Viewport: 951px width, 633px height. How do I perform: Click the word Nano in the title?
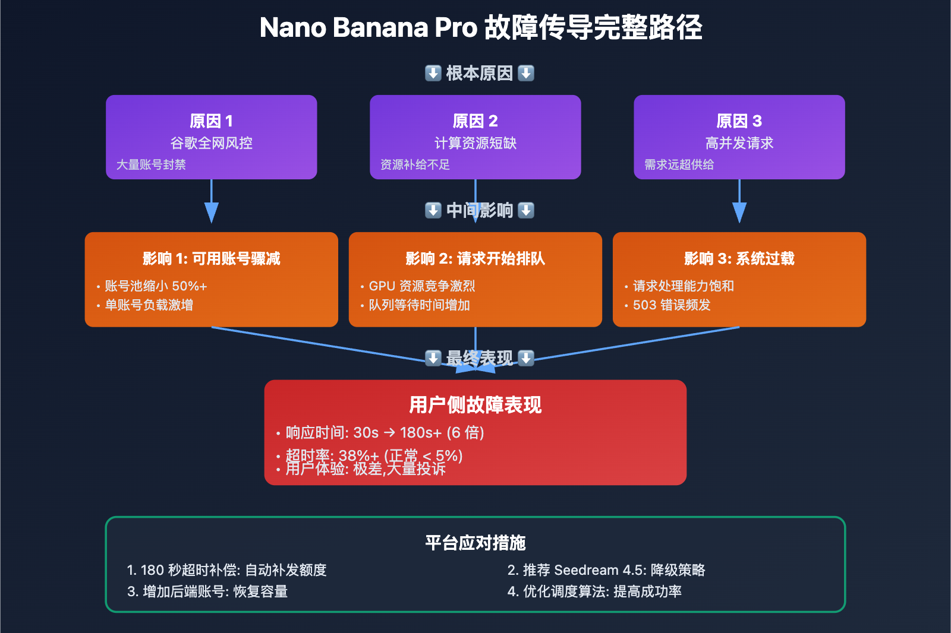pos(293,28)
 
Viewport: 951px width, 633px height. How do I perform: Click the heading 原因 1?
pos(211,121)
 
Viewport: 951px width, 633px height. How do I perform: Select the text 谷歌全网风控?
pos(211,143)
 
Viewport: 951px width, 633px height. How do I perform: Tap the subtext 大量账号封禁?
pos(151,164)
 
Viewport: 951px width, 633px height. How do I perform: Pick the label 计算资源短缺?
pos(475,143)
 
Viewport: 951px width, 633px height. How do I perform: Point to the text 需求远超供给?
pos(679,164)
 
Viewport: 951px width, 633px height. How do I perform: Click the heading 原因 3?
pos(739,121)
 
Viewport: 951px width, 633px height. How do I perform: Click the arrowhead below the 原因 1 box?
pos(211,212)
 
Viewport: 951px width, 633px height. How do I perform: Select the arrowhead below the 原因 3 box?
pos(739,212)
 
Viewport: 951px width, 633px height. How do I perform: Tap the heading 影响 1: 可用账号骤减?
pos(211,258)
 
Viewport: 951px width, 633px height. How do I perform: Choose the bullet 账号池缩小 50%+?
pos(156,286)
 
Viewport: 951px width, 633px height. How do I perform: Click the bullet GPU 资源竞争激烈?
pos(421,286)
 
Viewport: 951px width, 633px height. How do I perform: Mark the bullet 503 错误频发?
pos(672,305)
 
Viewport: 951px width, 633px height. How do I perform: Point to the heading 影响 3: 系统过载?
pos(739,258)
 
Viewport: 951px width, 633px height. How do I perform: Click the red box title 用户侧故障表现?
pos(475,405)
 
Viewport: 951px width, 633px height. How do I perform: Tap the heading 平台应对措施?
pos(475,543)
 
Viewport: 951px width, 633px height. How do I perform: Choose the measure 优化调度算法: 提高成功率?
pos(595,591)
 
